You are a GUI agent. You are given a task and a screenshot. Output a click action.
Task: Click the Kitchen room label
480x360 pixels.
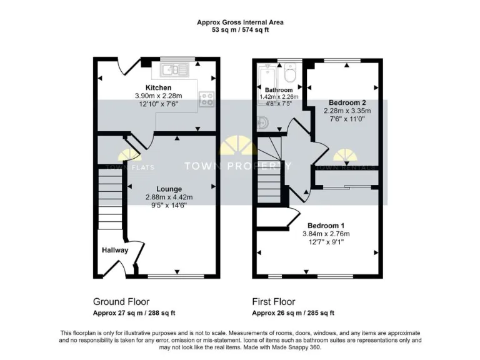click(158, 87)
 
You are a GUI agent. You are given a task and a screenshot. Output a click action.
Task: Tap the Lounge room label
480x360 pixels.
click(169, 189)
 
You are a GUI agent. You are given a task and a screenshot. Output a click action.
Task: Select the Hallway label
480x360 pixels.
click(116, 250)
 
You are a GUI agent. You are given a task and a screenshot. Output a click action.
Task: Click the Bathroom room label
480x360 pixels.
click(278, 90)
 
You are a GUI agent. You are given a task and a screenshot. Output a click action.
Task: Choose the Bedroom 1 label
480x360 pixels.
click(325, 225)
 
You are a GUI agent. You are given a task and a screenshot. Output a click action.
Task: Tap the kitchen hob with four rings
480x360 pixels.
click(206, 99)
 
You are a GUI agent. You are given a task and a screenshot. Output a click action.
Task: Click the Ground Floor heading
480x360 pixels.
click(121, 301)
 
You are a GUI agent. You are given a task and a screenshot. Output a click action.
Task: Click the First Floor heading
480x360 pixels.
click(273, 301)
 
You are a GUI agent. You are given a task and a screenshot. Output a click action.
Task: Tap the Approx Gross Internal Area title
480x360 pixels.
click(240, 22)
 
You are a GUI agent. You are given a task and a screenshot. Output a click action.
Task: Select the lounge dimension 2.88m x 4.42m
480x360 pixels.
click(169, 197)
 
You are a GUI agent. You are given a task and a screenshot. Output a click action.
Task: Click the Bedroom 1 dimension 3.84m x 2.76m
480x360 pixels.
click(325, 233)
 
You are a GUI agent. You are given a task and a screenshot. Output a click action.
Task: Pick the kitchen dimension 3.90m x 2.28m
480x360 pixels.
click(158, 96)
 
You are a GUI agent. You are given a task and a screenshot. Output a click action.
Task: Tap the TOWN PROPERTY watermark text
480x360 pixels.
click(237, 166)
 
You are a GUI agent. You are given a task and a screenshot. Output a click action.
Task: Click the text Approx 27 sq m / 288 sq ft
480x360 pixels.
click(134, 313)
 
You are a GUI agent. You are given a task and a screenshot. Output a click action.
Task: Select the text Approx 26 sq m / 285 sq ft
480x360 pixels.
click(293, 313)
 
